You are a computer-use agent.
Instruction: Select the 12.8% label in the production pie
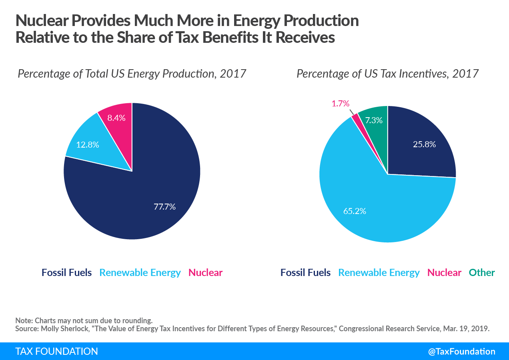click(x=88, y=144)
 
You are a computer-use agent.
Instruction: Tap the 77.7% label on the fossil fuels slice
click(x=164, y=207)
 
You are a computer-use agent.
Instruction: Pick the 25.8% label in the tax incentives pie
click(x=424, y=144)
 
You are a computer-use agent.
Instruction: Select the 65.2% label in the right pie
click(x=355, y=210)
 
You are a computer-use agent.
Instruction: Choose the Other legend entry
click(x=482, y=273)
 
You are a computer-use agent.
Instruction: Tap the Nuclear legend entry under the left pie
click(x=205, y=273)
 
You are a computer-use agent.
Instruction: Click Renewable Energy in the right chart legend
click(x=379, y=273)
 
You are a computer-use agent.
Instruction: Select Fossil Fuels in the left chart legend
click(x=66, y=273)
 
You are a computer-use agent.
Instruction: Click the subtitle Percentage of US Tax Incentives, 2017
click(x=387, y=74)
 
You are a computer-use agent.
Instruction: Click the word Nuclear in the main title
click(x=43, y=21)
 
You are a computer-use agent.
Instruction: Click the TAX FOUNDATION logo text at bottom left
click(x=56, y=351)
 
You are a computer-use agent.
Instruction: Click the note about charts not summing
click(x=84, y=320)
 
